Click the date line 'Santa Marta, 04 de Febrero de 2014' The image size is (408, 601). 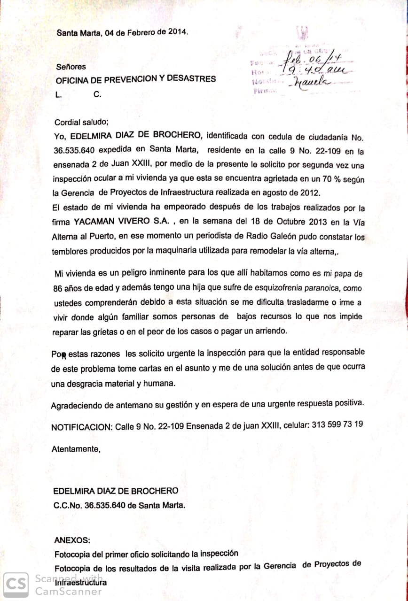coord(122,33)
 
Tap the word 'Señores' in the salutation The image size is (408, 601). coord(71,67)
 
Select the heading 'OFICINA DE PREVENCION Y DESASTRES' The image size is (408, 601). coord(136,79)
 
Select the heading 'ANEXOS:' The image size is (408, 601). coord(69,540)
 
